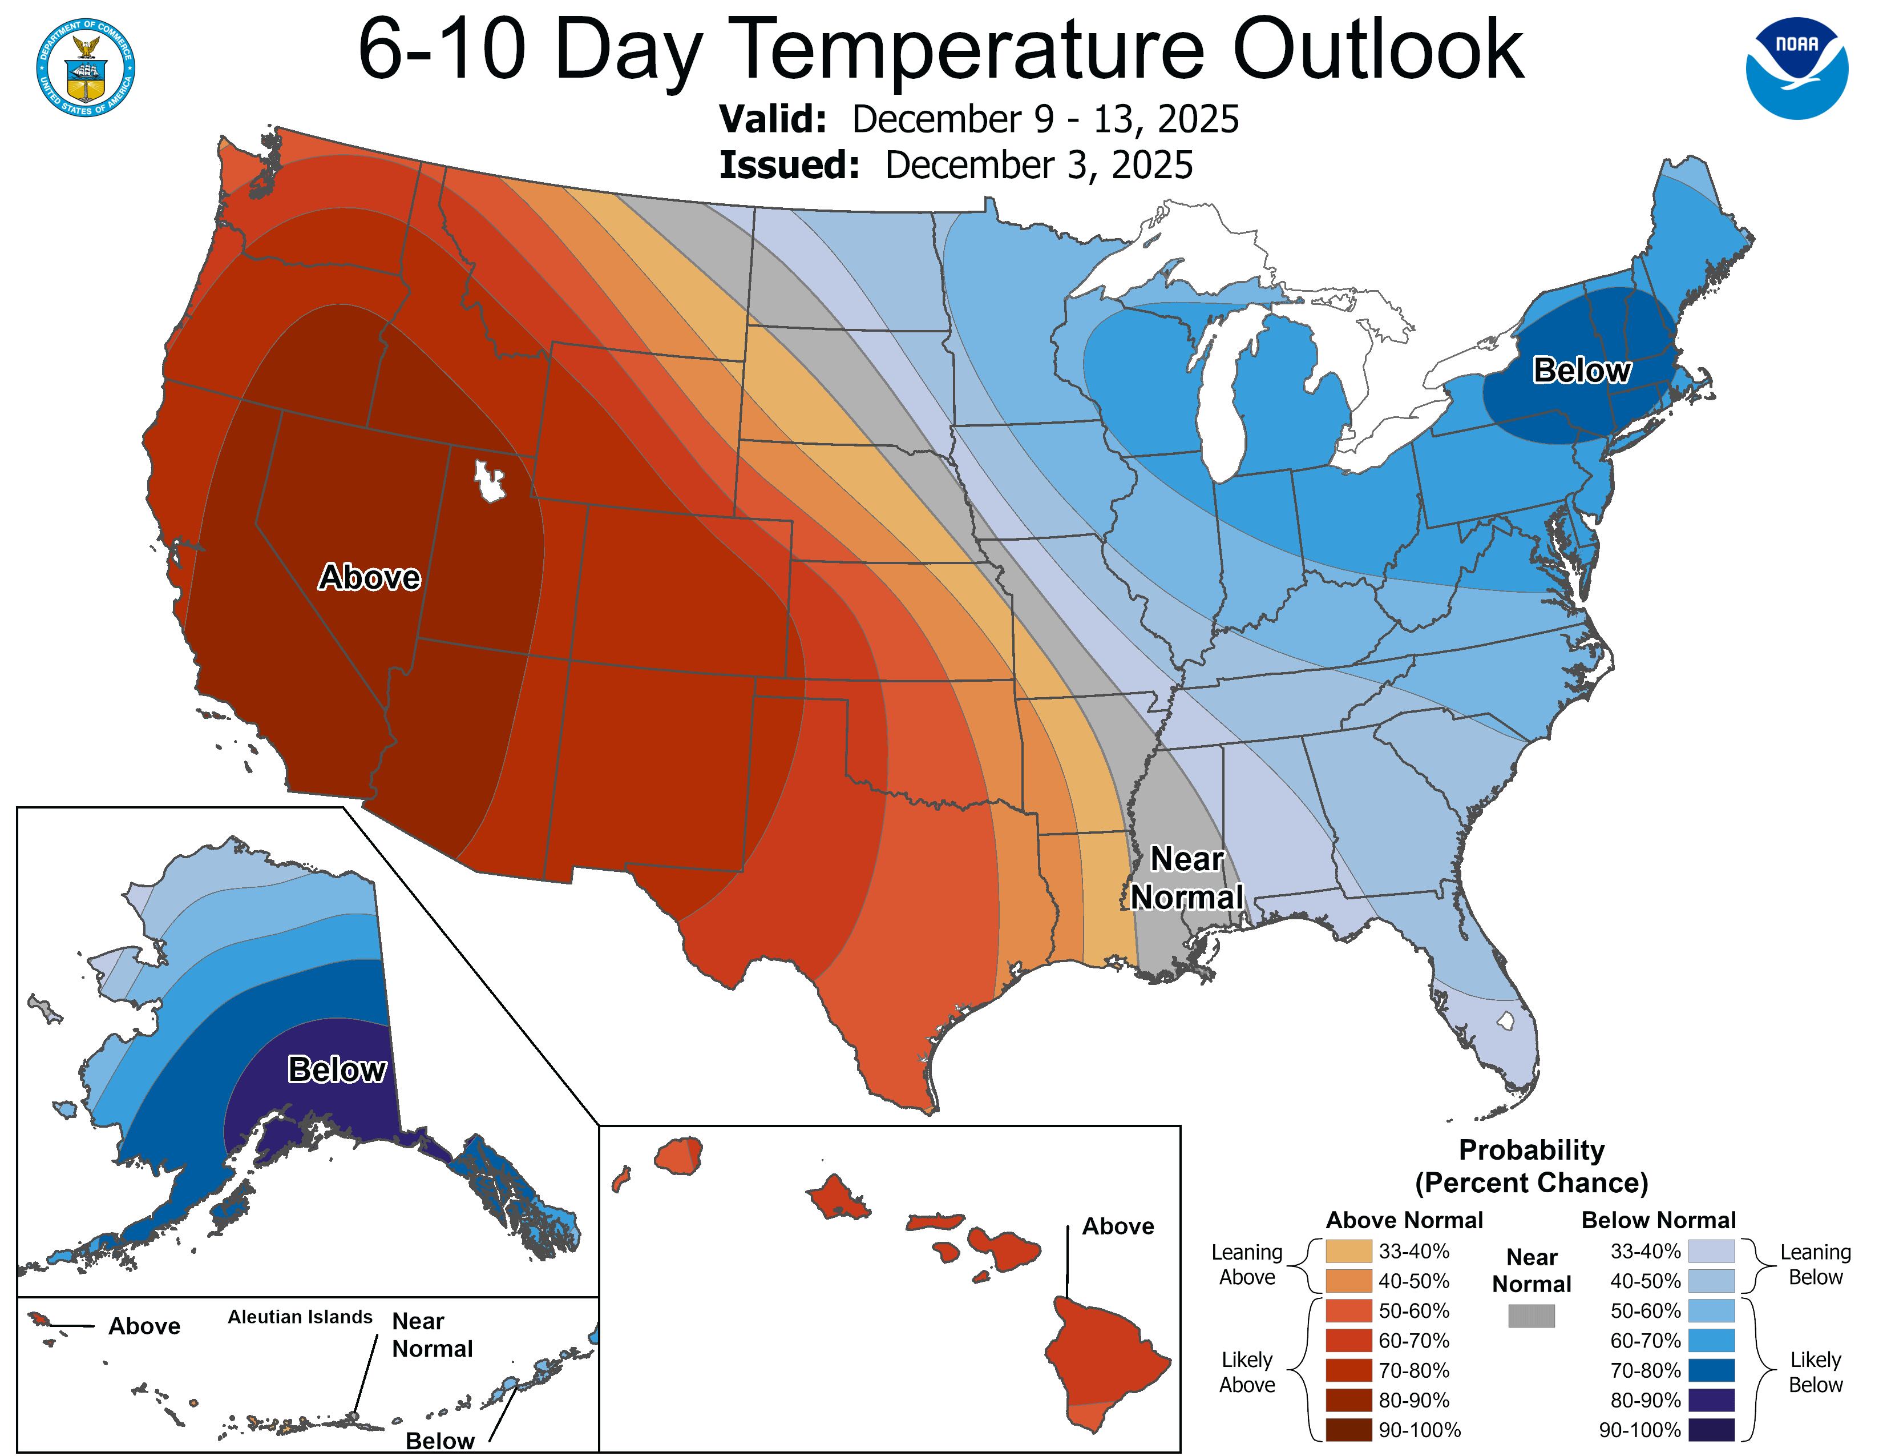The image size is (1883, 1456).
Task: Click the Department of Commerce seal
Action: click(x=86, y=68)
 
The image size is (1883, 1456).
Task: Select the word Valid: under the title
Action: click(x=773, y=119)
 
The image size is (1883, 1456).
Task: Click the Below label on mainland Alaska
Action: click(x=336, y=1069)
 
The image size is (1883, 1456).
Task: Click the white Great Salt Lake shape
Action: click(x=489, y=481)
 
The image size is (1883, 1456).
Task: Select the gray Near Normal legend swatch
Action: click(x=1532, y=1316)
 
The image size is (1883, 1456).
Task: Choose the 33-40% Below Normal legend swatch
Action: click(x=1711, y=1250)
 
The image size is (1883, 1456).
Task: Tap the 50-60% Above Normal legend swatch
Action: click(x=1348, y=1310)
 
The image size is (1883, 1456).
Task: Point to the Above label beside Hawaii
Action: click(x=1117, y=1226)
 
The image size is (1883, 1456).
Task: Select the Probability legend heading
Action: click(x=1532, y=1150)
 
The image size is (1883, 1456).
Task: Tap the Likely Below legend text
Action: click(x=1815, y=1371)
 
